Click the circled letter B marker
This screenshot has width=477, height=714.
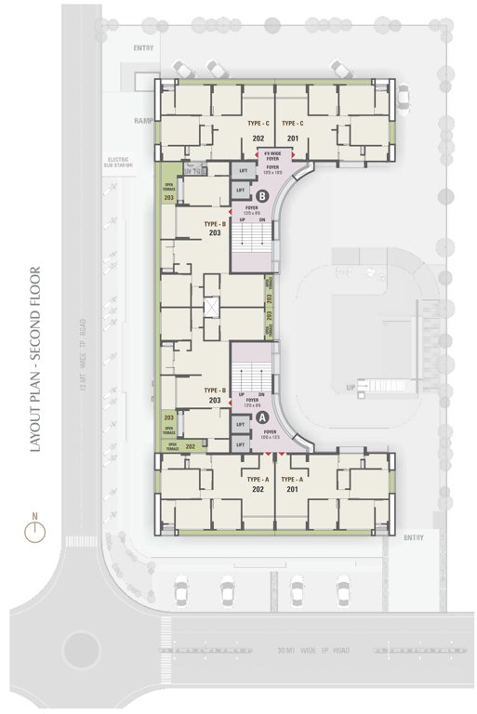263,195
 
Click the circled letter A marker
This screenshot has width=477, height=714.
263,418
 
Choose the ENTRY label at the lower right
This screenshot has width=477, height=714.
413,537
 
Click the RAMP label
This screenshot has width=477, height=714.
142,121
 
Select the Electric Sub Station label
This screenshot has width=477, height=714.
120,163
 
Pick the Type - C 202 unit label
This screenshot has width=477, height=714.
258,130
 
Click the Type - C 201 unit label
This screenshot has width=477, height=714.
293,130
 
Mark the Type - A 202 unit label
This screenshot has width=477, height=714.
258,482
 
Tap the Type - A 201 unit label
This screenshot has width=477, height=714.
293,482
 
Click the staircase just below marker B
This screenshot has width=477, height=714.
252,245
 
